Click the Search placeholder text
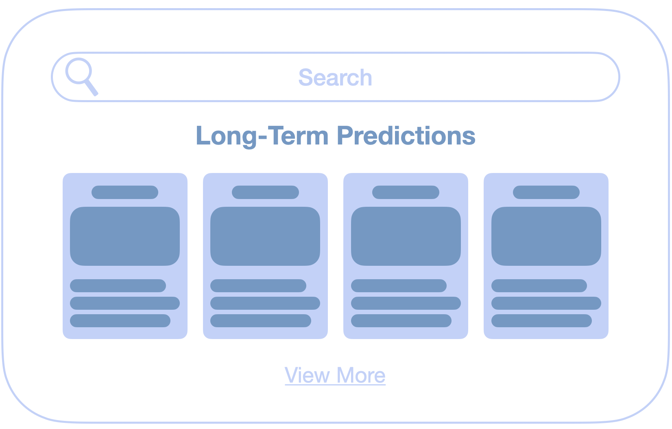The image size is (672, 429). [x=335, y=77]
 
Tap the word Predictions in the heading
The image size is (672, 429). [x=406, y=136]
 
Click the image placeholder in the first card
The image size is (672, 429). [x=125, y=236]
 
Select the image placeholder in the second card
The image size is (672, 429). [x=265, y=236]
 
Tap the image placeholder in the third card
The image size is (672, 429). [x=406, y=236]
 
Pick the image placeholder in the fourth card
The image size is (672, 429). [x=546, y=236]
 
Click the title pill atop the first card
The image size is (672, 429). [x=125, y=192]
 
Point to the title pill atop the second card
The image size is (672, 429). [x=265, y=192]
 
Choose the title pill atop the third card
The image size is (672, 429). [x=406, y=192]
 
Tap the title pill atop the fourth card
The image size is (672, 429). [x=546, y=192]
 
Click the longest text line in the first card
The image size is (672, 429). [x=125, y=303]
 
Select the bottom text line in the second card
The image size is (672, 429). [x=261, y=321]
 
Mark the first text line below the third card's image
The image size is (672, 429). [x=399, y=286]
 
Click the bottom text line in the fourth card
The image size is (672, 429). [x=541, y=321]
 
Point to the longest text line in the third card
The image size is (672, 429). [x=406, y=303]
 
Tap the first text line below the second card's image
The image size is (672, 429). [x=258, y=286]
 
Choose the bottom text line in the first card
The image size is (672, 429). [x=120, y=321]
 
